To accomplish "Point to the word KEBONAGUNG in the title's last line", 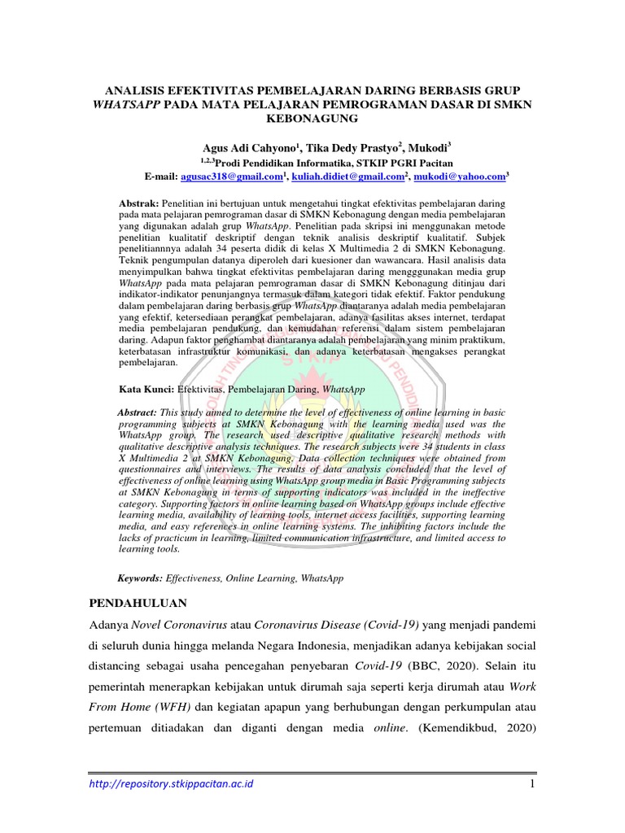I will (x=312, y=119).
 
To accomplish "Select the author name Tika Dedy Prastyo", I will (x=358, y=149).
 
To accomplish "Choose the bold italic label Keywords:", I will (x=141, y=578).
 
